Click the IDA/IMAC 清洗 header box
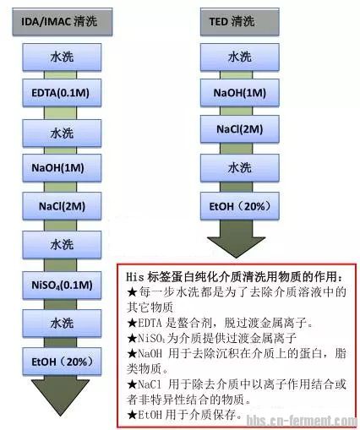[x=63, y=22]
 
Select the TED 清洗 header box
[x=240, y=22]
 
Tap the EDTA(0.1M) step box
[x=62, y=93]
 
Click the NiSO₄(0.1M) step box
[x=62, y=286]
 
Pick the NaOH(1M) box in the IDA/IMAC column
[x=62, y=168]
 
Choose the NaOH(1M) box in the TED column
[x=240, y=93]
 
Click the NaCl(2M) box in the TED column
[x=240, y=129]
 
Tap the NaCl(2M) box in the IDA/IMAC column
[x=62, y=206]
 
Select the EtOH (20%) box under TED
[x=240, y=206]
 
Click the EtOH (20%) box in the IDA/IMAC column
[x=62, y=362]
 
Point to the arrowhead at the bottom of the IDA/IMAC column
[x=60, y=395]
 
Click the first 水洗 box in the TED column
[x=240, y=57]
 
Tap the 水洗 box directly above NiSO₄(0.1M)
[x=62, y=245]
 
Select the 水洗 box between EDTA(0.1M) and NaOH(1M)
[x=62, y=133]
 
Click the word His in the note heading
[x=135, y=277]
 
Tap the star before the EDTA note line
[x=132, y=323]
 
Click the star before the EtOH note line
[x=132, y=415]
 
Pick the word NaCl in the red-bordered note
[x=150, y=384]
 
